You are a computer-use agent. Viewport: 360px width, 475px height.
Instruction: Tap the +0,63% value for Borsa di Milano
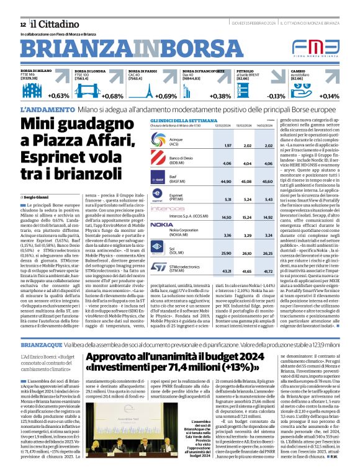point(59,96)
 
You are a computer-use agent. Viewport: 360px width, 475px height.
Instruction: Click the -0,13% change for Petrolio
point(276,96)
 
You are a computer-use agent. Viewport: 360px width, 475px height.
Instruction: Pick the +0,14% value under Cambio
point(329,96)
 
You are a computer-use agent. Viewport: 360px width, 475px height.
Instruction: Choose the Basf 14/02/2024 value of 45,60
point(268,182)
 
